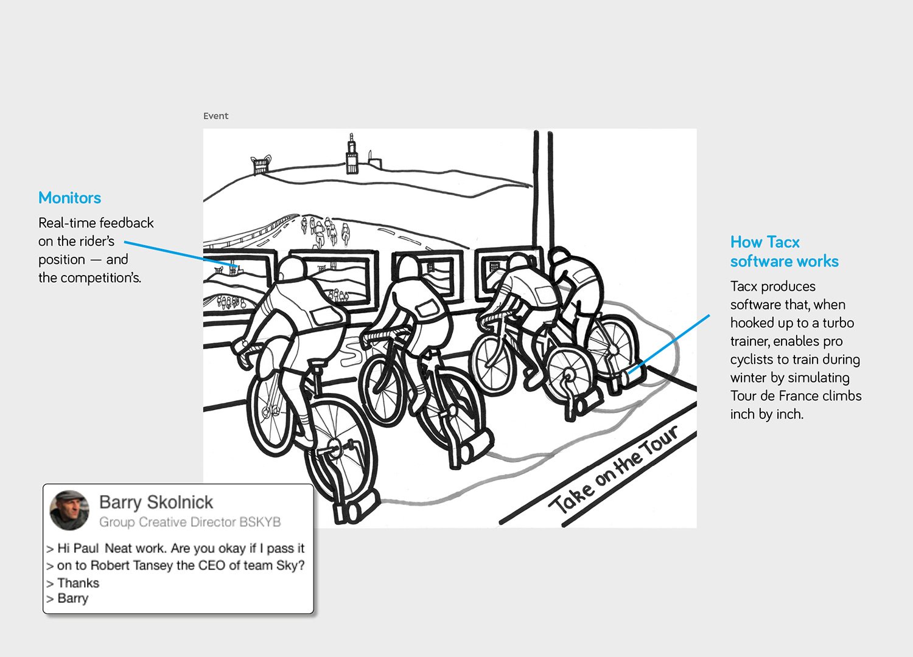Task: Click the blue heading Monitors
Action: point(69,198)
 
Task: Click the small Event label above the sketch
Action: point(215,116)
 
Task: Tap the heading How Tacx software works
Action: point(784,251)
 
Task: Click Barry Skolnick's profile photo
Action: point(69,510)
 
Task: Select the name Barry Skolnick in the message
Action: point(156,502)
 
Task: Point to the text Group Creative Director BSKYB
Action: point(190,522)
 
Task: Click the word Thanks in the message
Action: point(78,583)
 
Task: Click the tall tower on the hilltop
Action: point(351,155)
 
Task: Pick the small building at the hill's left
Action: point(260,164)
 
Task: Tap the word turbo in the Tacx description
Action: point(838,323)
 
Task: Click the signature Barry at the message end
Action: point(72,599)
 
